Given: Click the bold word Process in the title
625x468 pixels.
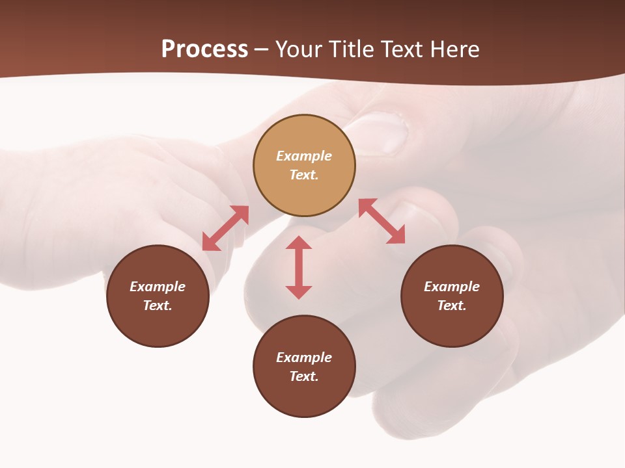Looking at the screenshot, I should (204, 49).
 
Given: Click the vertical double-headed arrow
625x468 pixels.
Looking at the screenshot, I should (299, 267).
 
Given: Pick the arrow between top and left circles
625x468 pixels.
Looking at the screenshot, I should (225, 228).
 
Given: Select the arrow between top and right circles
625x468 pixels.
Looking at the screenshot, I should (382, 221).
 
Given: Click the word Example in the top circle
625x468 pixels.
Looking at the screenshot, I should (304, 156).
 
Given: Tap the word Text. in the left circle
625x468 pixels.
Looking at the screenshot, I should (158, 305).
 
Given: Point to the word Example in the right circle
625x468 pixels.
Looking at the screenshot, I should (452, 287).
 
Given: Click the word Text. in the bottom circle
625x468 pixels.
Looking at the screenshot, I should (304, 376).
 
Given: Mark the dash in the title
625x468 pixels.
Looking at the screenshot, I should (261, 49).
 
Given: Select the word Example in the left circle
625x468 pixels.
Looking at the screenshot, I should (158, 287).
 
